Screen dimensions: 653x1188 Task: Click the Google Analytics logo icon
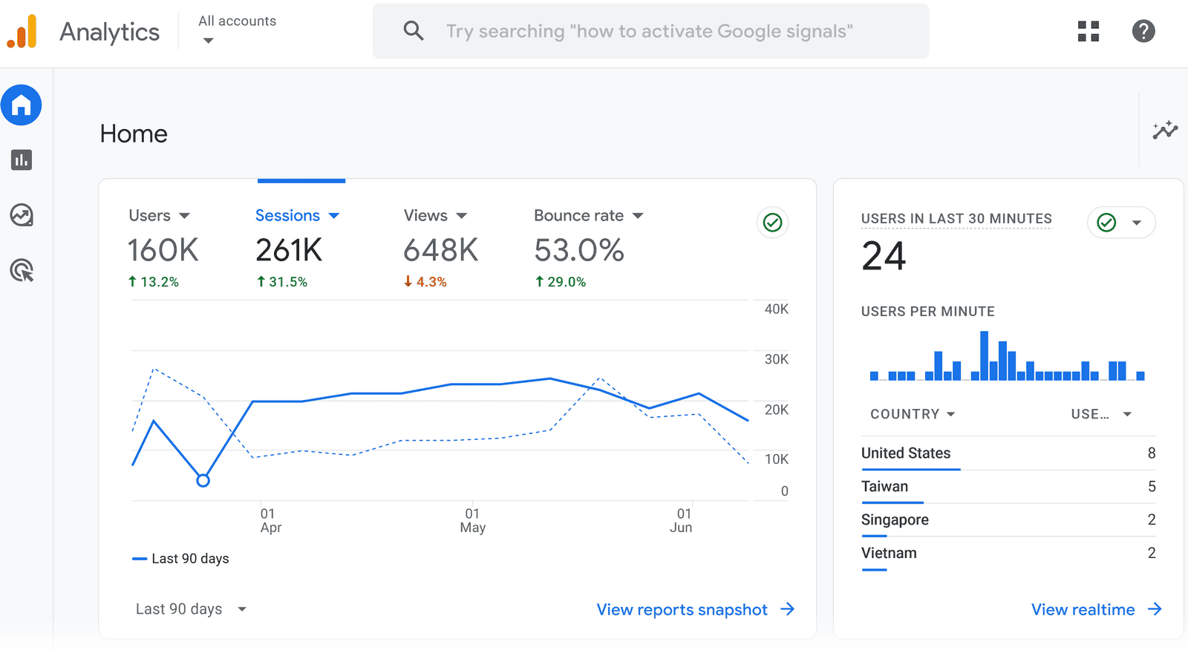(22, 32)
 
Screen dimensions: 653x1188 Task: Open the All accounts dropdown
(237, 30)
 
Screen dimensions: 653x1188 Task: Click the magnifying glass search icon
(414, 31)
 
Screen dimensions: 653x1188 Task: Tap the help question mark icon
(1143, 31)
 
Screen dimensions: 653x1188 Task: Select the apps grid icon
(1088, 31)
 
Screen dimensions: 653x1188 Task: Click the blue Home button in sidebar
(22, 105)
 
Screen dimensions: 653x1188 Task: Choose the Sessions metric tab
(296, 216)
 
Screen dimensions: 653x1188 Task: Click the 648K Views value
(440, 251)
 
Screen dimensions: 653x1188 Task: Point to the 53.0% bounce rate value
(578, 251)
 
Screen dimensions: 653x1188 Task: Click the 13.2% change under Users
(154, 282)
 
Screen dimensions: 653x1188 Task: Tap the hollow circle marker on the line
(203, 481)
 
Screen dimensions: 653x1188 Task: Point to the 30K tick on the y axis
(776, 359)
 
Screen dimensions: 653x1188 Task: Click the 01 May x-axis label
(472, 520)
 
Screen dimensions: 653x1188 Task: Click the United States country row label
(906, 453)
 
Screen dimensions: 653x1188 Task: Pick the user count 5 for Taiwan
(1152, 487)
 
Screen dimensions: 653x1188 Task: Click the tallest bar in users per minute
(984, 356)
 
